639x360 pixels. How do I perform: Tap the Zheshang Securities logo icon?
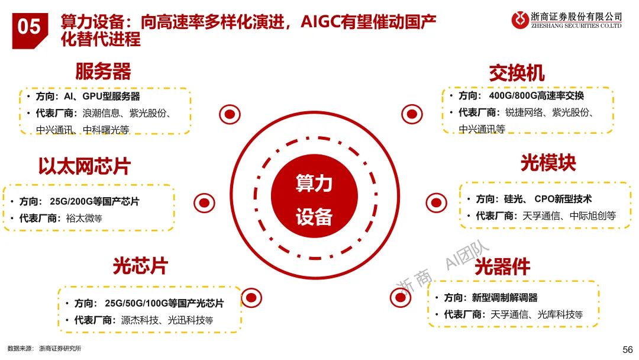click(521, 20)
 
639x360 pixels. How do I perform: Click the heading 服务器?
click(103, 72)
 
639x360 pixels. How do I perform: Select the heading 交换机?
click(517, 73)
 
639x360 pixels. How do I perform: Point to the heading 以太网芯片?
click(84, 166)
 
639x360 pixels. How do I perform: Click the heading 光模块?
click(548, 163)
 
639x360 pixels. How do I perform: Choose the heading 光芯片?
click(140, 266)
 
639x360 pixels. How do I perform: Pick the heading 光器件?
click(502, 267)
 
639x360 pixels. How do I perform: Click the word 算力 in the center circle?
click(314, 183)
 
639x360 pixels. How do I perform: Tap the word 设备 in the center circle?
click(314, 217)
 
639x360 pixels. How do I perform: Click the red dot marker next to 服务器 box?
click(230, 114)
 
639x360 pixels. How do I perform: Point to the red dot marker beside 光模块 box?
click(437, 202)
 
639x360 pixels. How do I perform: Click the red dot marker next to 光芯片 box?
click(252, 297)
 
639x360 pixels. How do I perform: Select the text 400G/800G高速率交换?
click(537, 96)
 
